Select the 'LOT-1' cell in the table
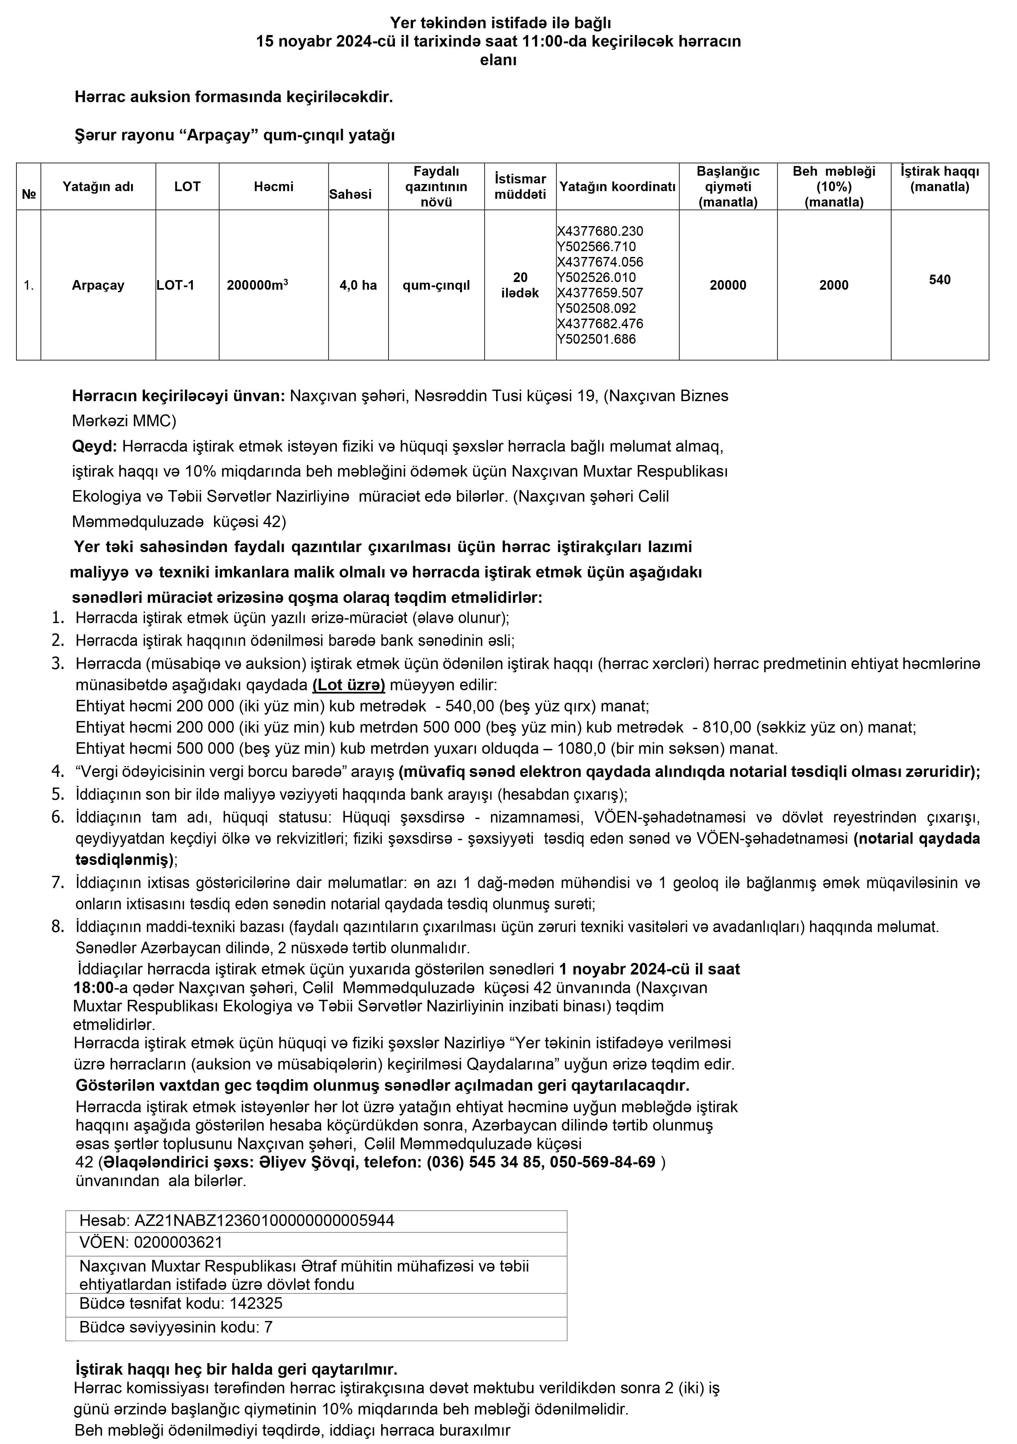(175, 285)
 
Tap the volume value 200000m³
(257, 285)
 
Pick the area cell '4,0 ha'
(358, 285)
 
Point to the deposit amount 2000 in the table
(834, 285)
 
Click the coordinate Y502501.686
(596, 339)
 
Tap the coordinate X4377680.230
(600, 231)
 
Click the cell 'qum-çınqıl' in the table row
(436, 285)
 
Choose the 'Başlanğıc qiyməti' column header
(728, 186)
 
